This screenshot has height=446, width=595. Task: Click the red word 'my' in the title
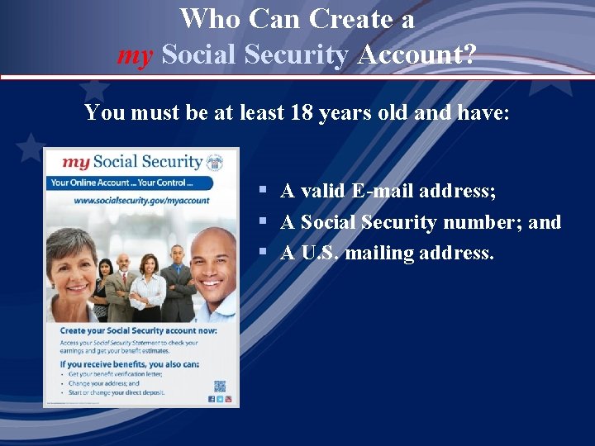click(x=136, y=56)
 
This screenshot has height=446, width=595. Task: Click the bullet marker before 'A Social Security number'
click(x=261, y=222)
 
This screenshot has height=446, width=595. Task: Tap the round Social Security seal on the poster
click(x=215, y=162)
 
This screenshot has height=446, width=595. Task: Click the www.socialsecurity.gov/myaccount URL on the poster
click(x=141, y=200)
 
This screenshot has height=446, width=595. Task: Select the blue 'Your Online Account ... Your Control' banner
click(x=124, y=183)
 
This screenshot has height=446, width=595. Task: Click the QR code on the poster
click(x=220, y=386)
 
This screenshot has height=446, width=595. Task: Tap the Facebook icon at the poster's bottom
click(x=211, y=399)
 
